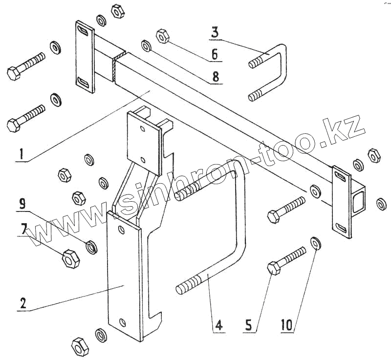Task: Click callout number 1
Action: click(20, 155)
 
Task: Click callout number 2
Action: click(22, 303)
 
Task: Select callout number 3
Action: click(215, 33)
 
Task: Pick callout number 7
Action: click(23, 228)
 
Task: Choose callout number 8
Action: click(216, 77)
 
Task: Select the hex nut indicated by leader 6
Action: click(162, 36)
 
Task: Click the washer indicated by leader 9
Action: click(91, 247)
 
